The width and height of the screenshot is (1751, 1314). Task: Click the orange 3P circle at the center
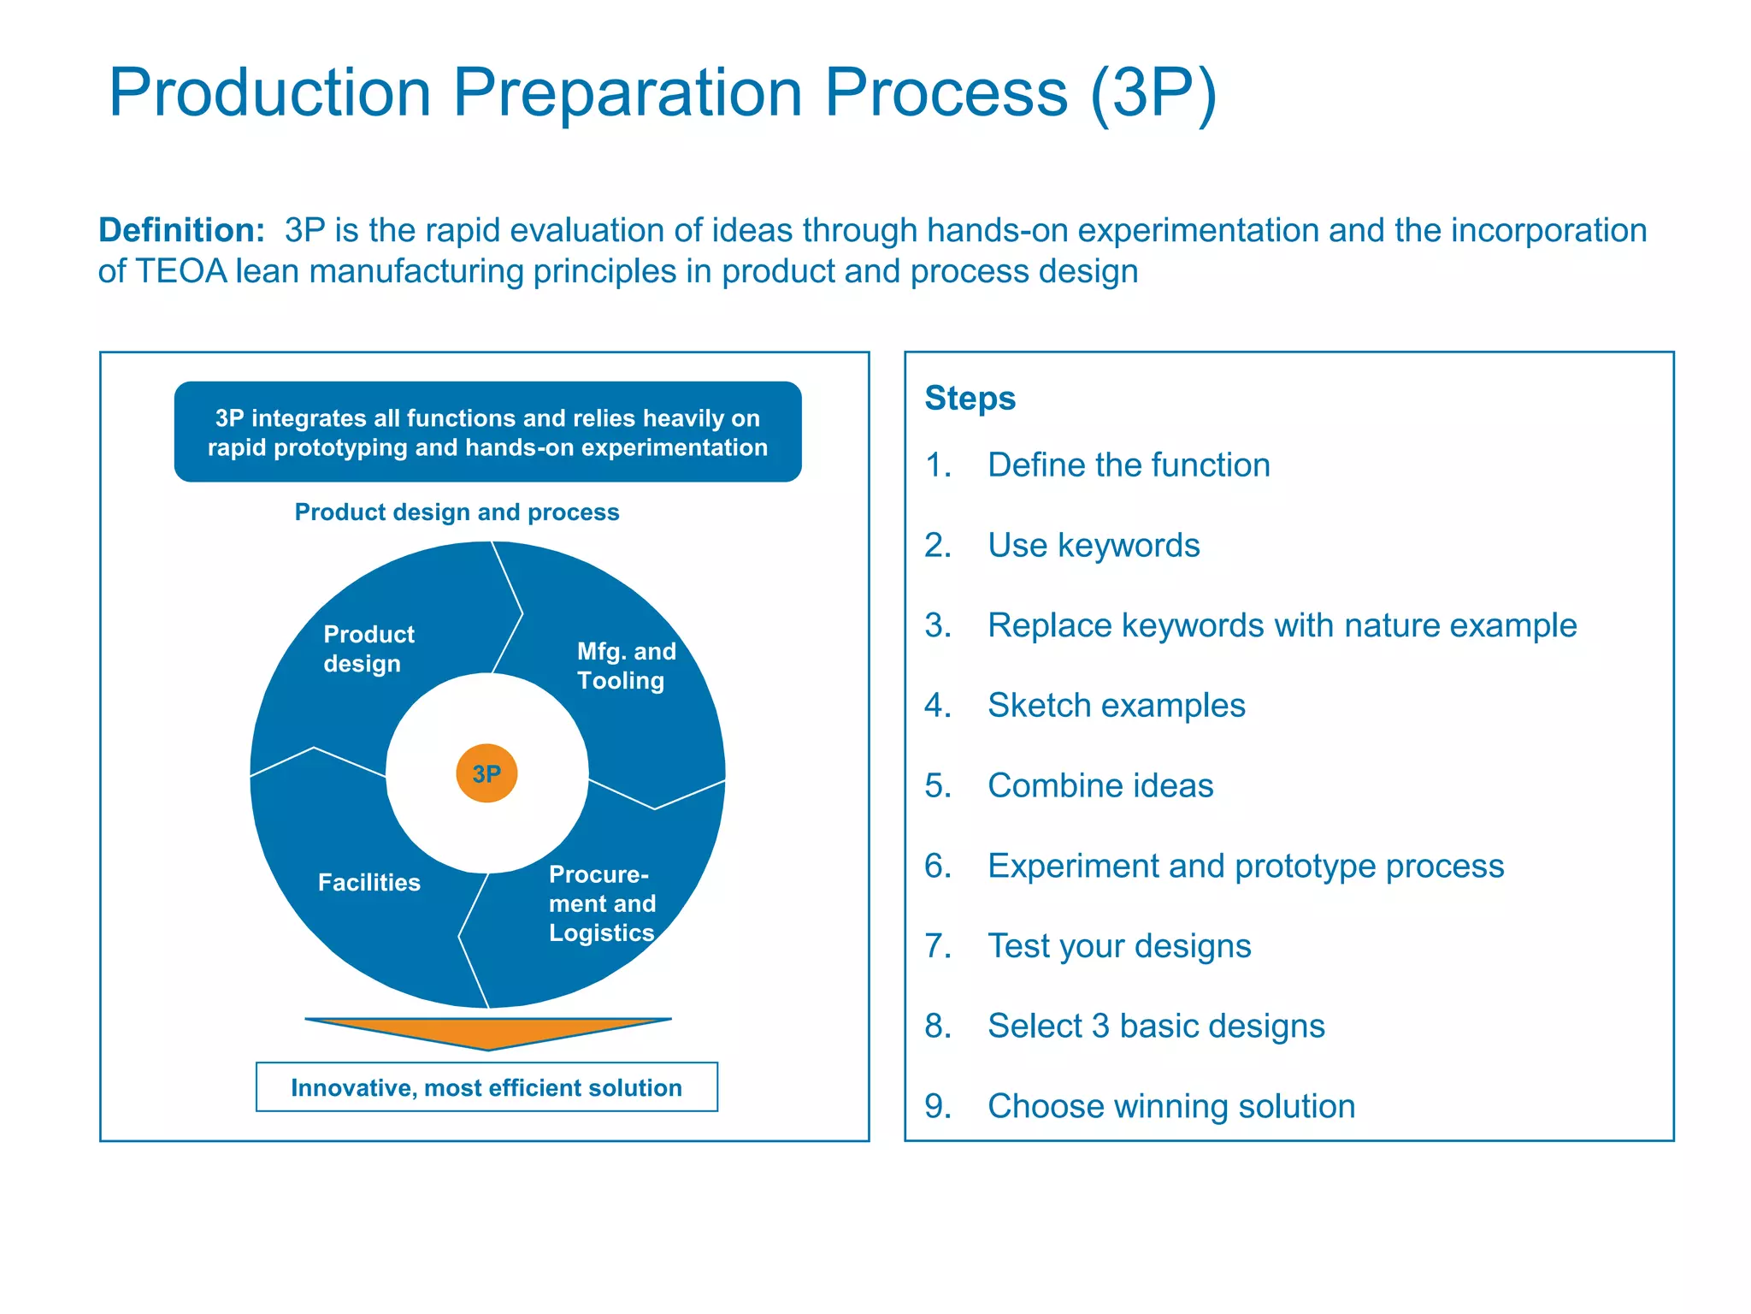coord(486,773)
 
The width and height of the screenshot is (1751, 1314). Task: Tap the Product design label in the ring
coord(368,648)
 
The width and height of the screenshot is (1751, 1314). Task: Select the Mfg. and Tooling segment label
coord(626,666)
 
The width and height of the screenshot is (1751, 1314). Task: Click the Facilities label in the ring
coord(368,882)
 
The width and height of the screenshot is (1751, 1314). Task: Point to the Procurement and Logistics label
coord(602,903)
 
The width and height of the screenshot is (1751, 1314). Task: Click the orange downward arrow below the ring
coord(488,1031)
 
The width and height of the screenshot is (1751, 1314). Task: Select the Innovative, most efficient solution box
coord(486,1087)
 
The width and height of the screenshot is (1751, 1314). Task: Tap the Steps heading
coord(970,398)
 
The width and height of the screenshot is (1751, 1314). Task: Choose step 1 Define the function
coord(1128,465)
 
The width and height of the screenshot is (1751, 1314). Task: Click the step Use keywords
coord(1093,545)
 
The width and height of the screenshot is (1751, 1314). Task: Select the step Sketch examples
coord(1116,705)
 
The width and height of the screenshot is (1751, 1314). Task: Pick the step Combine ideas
coord(1100,785)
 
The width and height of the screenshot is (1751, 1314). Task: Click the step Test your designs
coord(1118,946)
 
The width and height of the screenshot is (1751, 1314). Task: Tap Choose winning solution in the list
coord(1170,1106)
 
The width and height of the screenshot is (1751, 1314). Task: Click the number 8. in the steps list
coord(938,1026)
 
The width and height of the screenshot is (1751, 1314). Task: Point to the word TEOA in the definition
coord(181,271)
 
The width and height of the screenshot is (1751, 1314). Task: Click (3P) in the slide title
coord(1153,92)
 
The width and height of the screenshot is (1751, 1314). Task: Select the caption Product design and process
coord(457,512)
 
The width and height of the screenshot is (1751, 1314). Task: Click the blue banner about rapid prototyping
coord(487,432)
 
